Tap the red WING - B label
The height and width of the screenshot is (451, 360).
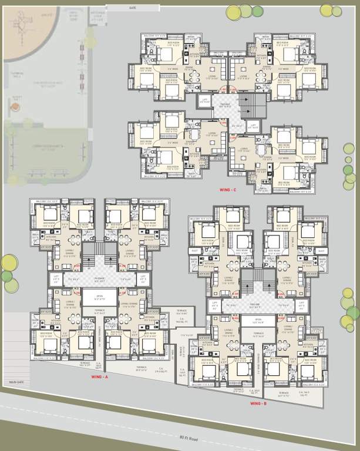tap(258, 403)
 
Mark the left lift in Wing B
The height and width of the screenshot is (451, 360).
tap(213, 305)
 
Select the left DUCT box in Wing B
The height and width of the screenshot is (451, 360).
tap(194, 250)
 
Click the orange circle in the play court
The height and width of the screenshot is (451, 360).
tap(15, 106)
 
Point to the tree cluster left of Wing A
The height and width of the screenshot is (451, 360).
tap(7, 274)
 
